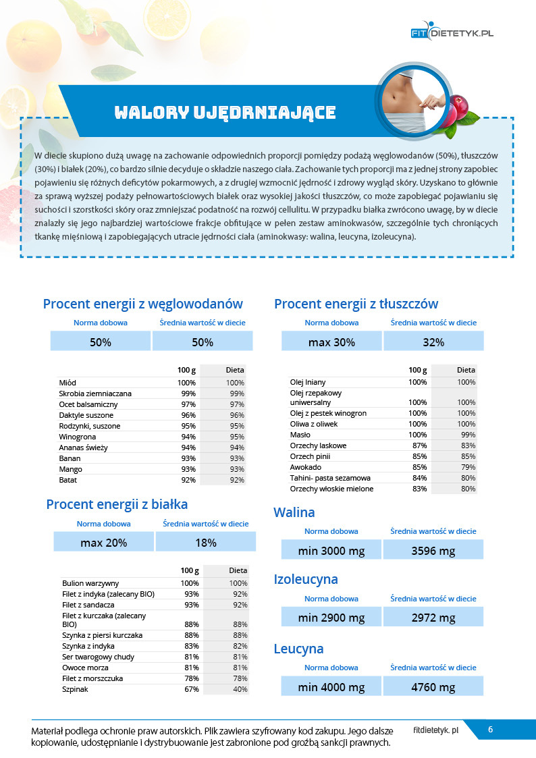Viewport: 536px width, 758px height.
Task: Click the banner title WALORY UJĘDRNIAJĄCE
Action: [225, 112]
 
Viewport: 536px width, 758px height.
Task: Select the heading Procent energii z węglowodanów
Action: [142, 304]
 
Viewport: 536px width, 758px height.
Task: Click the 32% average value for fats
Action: [433, 342]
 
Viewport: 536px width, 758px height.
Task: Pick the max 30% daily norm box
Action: [331, 342]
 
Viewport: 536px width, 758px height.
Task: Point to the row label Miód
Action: [68, 383]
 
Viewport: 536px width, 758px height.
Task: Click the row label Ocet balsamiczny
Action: [88, 404]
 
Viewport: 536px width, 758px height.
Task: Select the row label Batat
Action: [69, 480]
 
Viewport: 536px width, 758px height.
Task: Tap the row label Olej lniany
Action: [308, 382]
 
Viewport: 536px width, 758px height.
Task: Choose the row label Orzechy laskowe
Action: [318, 445]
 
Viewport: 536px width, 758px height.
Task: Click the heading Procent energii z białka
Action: [117, 504]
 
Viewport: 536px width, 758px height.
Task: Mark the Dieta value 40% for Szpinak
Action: [240, 690]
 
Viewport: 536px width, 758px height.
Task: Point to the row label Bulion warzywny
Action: [90, 583]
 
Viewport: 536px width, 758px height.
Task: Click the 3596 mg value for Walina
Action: [433, 551]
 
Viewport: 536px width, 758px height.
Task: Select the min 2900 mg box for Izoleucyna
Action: [331, 618]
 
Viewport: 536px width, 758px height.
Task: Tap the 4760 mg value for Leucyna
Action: [433, 687]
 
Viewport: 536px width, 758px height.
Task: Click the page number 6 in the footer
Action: [491, 730]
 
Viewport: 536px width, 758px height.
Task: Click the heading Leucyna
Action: [298, 649]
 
